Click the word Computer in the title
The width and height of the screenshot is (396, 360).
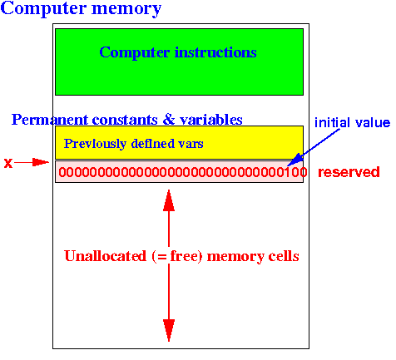click(x=43, y=9)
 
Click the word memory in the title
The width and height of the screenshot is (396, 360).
click(x=126, y=10)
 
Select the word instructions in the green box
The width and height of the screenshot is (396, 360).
click(x=215, y=52)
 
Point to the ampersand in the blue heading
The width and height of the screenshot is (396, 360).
click(x=169, y=120)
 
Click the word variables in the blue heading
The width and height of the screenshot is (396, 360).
click(x=211, y=120)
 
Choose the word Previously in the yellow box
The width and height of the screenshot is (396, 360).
click(x=95, y=144)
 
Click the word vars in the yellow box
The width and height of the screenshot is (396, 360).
click(x=191, y=144)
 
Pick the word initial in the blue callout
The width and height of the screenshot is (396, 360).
click(x=332, y=122)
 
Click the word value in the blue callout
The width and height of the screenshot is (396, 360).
click(x=373, y=123)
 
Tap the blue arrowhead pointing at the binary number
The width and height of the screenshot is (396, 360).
click(x=295, y=160)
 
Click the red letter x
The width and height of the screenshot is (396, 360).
click(x=8, y=163)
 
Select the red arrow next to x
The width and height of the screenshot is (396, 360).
click(x=32, y=162)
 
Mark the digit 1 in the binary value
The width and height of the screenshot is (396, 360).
click(x=290, y=172)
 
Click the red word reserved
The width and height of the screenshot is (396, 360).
click(x=349, y=172)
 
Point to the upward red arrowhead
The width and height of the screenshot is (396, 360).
click(x=169, y=200)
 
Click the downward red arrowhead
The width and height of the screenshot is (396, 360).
click(x=169, y=330)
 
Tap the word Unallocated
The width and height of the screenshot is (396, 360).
click(x=106, y=256)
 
